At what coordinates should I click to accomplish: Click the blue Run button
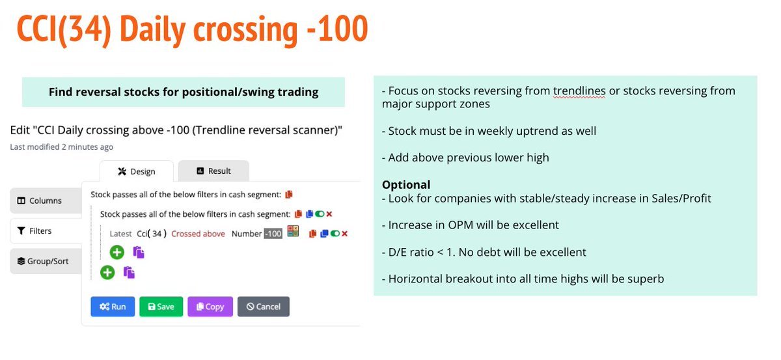click(x=113, y=307)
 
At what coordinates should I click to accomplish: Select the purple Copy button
click(x=210, y=307)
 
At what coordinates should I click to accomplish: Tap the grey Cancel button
click(x=263, y=307)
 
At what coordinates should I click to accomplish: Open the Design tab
click(x=137, y=171)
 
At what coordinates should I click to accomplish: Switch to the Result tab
click(x=213, y=171)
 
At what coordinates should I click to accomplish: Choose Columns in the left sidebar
click(x=44, y=201)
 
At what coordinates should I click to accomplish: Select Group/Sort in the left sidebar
click(x=44, y=261)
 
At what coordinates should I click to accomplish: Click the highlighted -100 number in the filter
click(x=273, y=234)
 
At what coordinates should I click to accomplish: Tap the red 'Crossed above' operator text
click(x=198, y=234)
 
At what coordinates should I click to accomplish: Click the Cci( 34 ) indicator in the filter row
click(x=152, y=234)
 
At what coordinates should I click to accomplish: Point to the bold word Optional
click(x=406, y=184)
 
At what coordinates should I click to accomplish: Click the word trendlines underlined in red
click(x=579, y=90)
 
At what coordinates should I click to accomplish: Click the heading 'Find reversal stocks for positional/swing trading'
click(x=184, y=92)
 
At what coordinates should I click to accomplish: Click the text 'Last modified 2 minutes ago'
click(x=62, y=147)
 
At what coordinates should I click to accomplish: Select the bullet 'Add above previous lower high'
click(x=465, y=158)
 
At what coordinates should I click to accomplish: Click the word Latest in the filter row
click(x=121, y=234)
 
